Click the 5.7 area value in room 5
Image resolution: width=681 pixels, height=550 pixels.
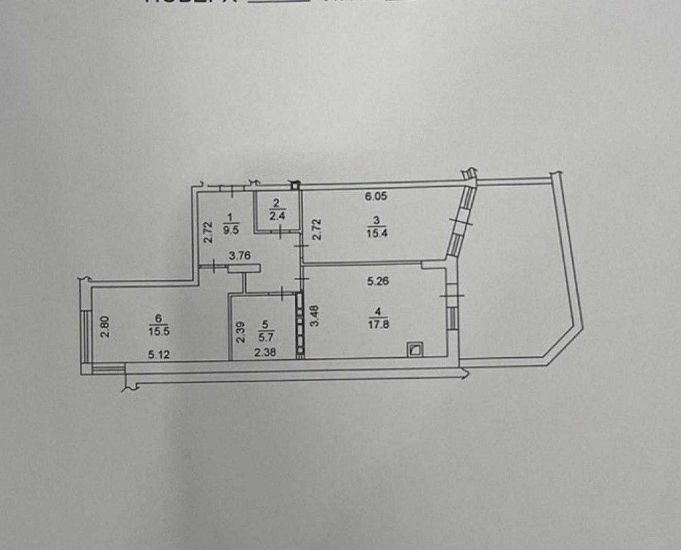pyautogui.click(x=266, y=334)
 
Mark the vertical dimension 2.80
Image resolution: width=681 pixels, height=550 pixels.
pyautogui.click(x=105, y=322)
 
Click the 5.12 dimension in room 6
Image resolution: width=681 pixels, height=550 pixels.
pyautogui.click(x=159, y=352)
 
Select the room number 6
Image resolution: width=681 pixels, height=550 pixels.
pyautogui.click(x=158, y=318)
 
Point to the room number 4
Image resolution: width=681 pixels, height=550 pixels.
pyautogui.click(x=377, y=312)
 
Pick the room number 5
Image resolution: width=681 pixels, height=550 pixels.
pyautogui.click(x=266, y=324)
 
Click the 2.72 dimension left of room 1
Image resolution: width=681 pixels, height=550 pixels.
pyautogui.click(x=209, y=230)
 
